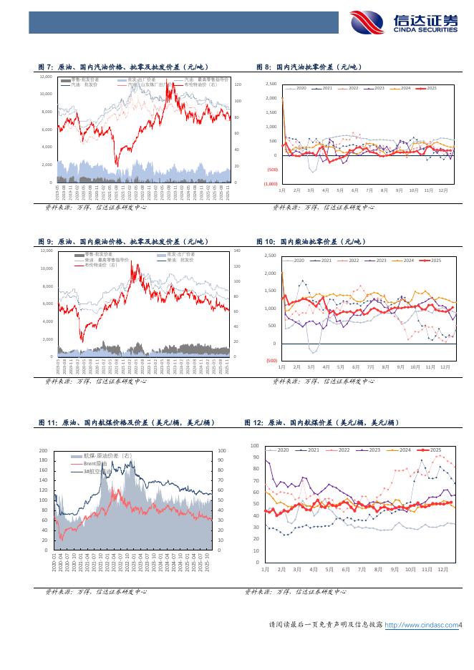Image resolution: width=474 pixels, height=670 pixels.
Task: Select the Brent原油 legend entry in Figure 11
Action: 95,464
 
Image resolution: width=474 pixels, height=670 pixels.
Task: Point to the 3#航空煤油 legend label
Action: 97,472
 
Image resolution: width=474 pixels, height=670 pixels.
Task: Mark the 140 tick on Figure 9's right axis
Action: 238,251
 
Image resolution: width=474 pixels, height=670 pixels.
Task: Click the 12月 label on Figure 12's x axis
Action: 442,569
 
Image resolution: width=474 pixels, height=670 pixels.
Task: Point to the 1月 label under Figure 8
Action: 282,190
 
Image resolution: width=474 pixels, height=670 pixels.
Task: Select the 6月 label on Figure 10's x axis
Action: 355,366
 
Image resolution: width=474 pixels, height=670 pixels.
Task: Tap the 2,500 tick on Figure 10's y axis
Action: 270,256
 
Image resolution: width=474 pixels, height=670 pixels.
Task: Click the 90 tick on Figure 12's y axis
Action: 256,457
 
